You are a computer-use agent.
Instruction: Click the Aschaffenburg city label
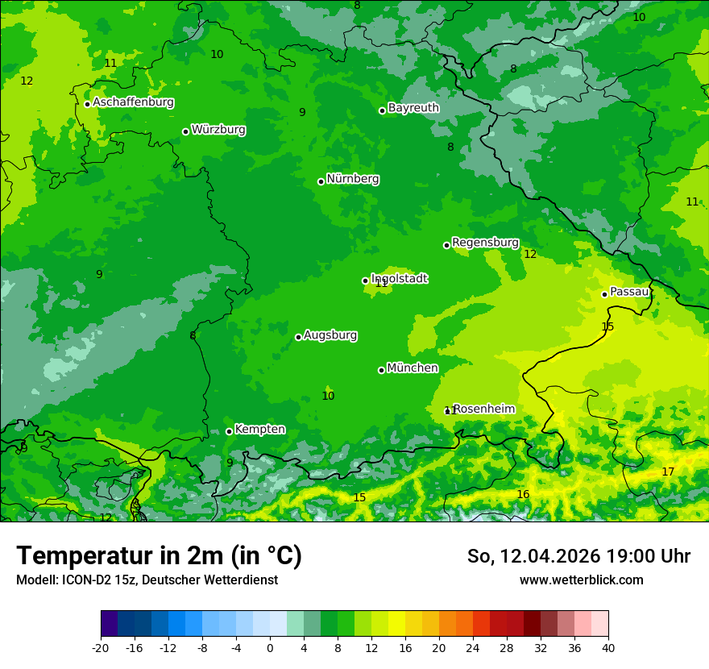tap(133, 102)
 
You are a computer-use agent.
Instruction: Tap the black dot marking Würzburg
tap(185, 131)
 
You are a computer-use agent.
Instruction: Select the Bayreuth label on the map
tap(413, 107)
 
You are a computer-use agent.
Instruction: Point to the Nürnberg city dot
tap(321, 181)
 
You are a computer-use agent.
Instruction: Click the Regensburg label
tap(485, 242)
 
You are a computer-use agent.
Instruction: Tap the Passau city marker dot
tap(604, 294)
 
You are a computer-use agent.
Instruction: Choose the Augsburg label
tap(330, 334)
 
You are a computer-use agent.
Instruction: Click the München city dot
tap(381, 370)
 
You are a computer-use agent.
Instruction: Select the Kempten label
tap(259, 429)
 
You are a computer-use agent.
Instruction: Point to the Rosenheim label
tap(483, 409)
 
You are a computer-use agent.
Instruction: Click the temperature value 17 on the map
tap(668, 472)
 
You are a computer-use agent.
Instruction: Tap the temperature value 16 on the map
tap(523, 494)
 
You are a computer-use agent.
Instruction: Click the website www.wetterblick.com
tap(581, 580)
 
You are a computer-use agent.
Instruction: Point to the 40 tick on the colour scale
tap(607, 647)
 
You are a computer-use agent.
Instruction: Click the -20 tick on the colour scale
tap(101, 647)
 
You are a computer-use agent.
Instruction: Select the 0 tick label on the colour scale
tap(270, 647)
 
